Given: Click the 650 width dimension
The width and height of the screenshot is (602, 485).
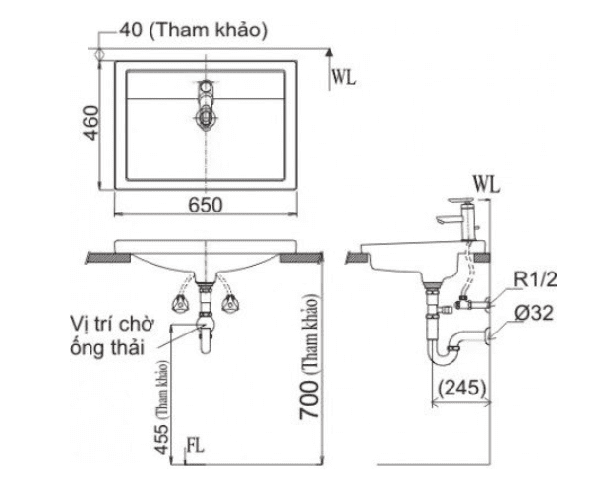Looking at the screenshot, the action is (205, 205).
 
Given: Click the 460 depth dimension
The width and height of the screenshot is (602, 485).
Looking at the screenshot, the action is (91, 123).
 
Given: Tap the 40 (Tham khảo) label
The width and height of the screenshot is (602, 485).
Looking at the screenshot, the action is (193, 30).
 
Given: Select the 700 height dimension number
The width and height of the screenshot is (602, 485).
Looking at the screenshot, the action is (309, 399).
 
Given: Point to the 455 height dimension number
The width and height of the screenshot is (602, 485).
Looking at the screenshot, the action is (163, 439).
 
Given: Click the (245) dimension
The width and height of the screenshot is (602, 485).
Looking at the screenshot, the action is (461, 388).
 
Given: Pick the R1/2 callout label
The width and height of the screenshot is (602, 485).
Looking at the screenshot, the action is (535, 280).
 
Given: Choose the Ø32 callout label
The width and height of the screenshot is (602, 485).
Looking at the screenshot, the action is (534, 314).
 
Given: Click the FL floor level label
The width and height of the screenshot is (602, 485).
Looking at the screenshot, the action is (195, 446).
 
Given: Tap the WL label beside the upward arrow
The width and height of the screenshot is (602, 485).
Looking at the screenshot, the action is (344, 77).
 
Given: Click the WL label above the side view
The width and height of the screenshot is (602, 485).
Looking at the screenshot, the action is (487, 185).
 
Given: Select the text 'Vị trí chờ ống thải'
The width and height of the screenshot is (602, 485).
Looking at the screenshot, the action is (112, 336).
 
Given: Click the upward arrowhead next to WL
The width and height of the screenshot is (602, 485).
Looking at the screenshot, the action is (329, 52).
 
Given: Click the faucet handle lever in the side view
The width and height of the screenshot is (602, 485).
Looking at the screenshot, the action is (462, 200).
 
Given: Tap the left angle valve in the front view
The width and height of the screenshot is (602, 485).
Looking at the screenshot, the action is (180, 303).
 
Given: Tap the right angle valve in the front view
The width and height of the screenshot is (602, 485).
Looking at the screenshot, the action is (230, 303).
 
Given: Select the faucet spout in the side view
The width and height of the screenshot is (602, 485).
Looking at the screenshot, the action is (448, 220).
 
